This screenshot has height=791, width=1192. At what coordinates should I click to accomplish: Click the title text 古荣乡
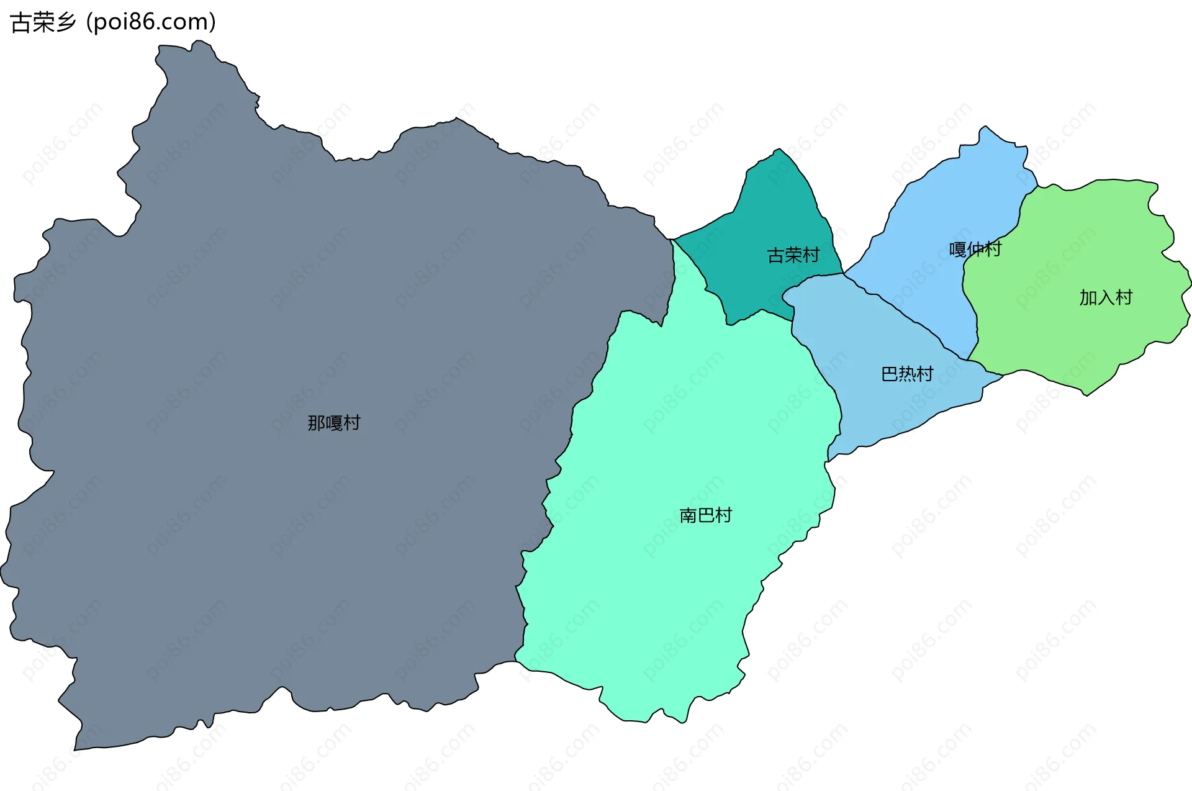42,22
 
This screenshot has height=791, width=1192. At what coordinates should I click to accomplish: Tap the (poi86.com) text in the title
151,22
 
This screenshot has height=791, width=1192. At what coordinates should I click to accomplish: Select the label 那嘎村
334,423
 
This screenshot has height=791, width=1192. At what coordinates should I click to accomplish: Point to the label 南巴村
705,515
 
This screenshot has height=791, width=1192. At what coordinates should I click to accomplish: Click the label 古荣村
793,255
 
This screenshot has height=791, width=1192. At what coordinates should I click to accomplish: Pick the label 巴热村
907,374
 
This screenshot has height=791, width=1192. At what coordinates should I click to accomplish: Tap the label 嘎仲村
975,249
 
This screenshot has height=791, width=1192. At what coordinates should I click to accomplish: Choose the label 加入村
1106,298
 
